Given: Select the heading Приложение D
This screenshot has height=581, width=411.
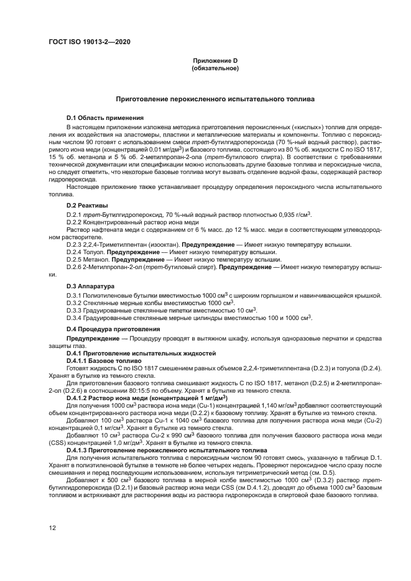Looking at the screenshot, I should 215,60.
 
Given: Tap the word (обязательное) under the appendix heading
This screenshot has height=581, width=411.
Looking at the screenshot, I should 215,68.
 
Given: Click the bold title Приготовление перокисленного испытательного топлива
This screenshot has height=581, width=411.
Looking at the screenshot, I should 215,99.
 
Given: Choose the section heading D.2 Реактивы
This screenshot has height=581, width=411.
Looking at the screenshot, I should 87,205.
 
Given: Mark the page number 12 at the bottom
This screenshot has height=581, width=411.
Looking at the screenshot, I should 53,528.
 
